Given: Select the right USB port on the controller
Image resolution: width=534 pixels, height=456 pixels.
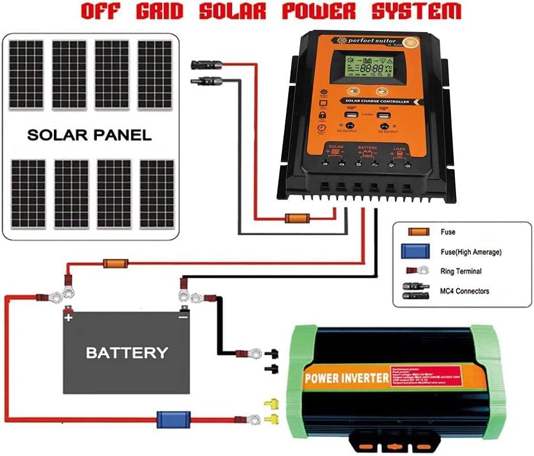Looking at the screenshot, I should pos(384,117).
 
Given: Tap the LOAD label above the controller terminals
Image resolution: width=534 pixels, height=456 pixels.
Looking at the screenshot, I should pos(399,148).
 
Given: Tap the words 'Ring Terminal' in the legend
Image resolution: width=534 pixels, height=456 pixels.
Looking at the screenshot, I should pos(461,271).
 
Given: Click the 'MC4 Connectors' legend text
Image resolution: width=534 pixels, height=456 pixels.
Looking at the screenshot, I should pos(465,291).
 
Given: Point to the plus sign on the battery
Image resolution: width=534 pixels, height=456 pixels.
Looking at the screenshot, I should pos(69,316).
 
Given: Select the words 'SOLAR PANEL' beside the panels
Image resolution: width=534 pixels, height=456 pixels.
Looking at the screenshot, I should pos(89,135).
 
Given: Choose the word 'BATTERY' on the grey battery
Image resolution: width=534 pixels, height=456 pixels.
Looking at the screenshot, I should pos(127,352).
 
